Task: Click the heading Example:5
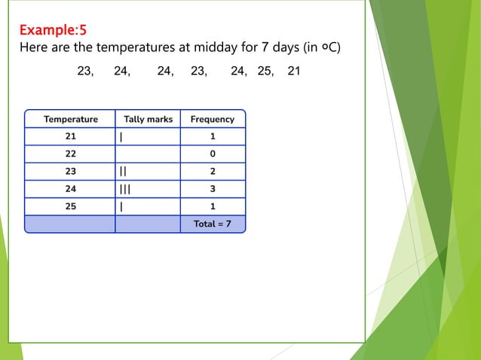tap(52, 31)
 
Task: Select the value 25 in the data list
tap(265, 72)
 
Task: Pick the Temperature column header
tap(70, 119)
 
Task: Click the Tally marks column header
tap(148, 119)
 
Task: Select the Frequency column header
tap(212, 119)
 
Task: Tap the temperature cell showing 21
tap(70, 137)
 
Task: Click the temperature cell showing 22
tap(70, 154)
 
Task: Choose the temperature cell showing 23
tap(70, 172)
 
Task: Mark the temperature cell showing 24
tap(70, 189)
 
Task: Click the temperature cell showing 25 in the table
tap(70, 206)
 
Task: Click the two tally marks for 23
tap(123, 172)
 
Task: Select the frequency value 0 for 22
tap(213, 154)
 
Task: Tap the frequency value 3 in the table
tap(213, 189)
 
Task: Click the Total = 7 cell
tap(213, 224)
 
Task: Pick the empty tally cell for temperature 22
tap(148, 154)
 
